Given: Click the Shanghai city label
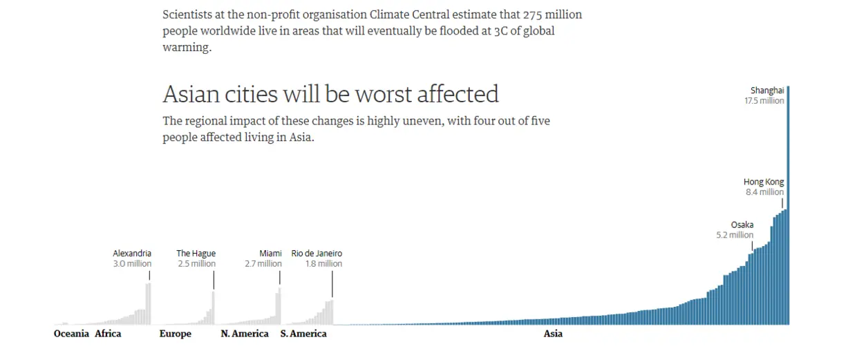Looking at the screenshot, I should click(x=767, y=91).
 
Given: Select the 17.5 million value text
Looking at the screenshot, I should click(x=764, y=101).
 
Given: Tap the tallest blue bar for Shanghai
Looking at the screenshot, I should click(x=788, y=207).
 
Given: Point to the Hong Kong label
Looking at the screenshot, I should click(x=764, y=182).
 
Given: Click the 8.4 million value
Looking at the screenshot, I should click(x=764, y=193).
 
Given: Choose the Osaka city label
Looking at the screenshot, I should click(x=742, y=225).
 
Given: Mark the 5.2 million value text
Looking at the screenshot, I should click(x=735, y=235).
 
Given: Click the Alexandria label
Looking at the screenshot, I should click(x=132, y=254).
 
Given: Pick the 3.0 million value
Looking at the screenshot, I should click(x=133, y=264).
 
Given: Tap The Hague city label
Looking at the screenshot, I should click(x=196, y=254).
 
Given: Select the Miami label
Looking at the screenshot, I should click(x=270, y=254).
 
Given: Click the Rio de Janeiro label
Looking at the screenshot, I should click(x=317, y=254).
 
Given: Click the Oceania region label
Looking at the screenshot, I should click(x=71, y=334).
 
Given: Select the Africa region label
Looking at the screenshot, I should click(x=108, y=334).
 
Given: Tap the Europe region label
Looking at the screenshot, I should click(x=176, y=334).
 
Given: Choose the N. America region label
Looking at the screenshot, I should click(x=245, y=334).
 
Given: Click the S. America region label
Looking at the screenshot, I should click(x=303, y=334).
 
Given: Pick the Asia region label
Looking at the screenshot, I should click(x=553, y=334).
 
